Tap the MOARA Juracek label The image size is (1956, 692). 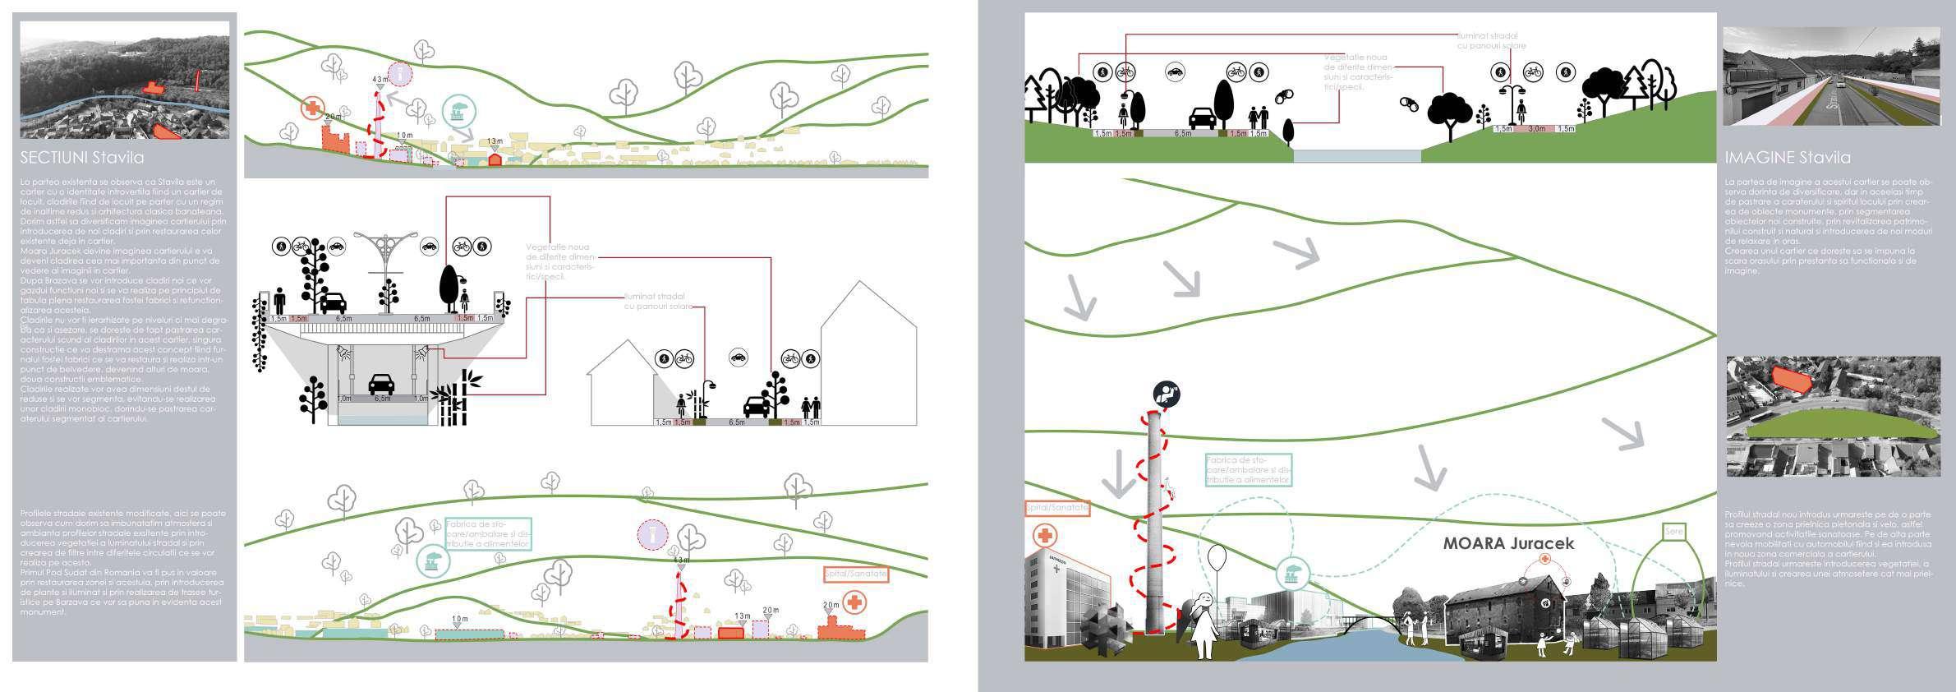[1508, 543]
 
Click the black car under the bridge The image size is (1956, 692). [381, 384]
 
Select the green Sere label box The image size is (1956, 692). [1673, 532]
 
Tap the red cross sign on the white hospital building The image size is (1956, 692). [1045, 536]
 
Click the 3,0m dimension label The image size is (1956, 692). [1535, 129]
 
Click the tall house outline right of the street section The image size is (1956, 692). [868, 353]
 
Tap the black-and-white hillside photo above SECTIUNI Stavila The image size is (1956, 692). [124, 80]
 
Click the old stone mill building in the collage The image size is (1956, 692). [1508, 604]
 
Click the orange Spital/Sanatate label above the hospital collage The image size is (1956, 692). [1057, 509]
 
